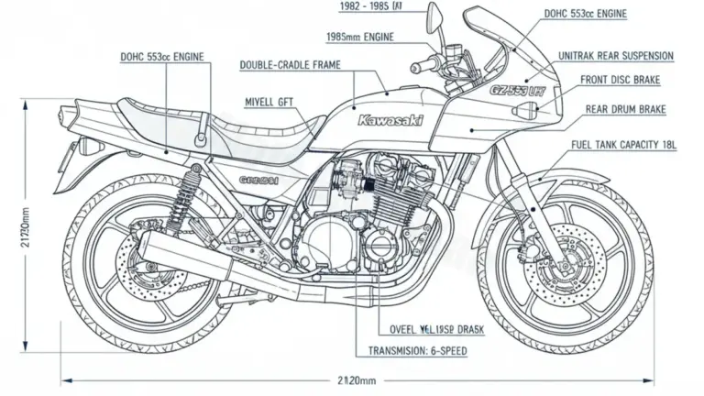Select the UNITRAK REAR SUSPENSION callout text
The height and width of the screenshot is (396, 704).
[x=615, y=56]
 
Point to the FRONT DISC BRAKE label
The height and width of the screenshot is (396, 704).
[x=620, y=81]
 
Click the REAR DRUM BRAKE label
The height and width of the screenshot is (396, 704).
[x=625, y=108]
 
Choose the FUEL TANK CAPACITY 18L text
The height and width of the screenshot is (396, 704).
[x=623, y=145]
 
